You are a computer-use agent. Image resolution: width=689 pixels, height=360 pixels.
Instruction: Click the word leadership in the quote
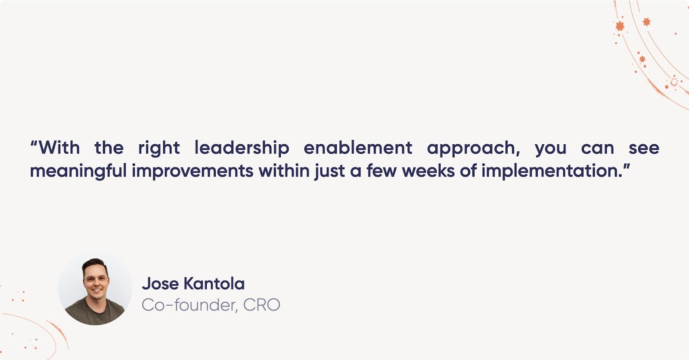point(242,148)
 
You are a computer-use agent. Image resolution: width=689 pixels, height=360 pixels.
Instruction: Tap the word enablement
point(358,148)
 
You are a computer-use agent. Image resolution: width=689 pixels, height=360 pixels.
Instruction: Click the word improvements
point(192,171)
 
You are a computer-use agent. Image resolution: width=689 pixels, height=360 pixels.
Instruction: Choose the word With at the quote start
point(59,148)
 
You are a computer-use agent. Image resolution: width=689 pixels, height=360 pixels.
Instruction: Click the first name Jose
point(160,284)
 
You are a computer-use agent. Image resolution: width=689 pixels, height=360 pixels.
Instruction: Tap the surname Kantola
point(214,284)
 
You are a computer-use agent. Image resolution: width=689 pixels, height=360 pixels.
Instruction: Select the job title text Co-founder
point(189,305)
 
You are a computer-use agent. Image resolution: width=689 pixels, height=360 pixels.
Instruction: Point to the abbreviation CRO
point(261,305)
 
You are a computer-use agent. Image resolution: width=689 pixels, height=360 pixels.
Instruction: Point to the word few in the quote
point(382,171)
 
